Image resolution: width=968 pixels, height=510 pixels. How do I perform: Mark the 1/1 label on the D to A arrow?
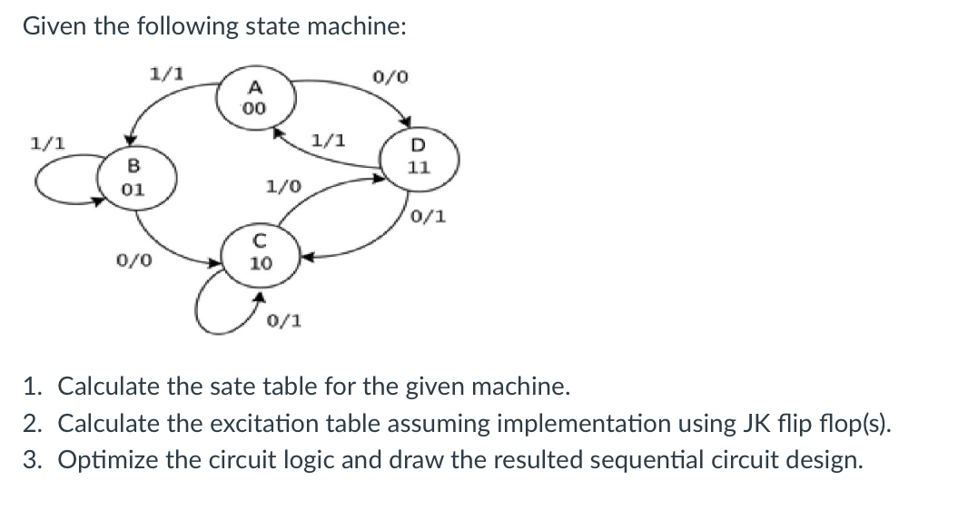327,141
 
